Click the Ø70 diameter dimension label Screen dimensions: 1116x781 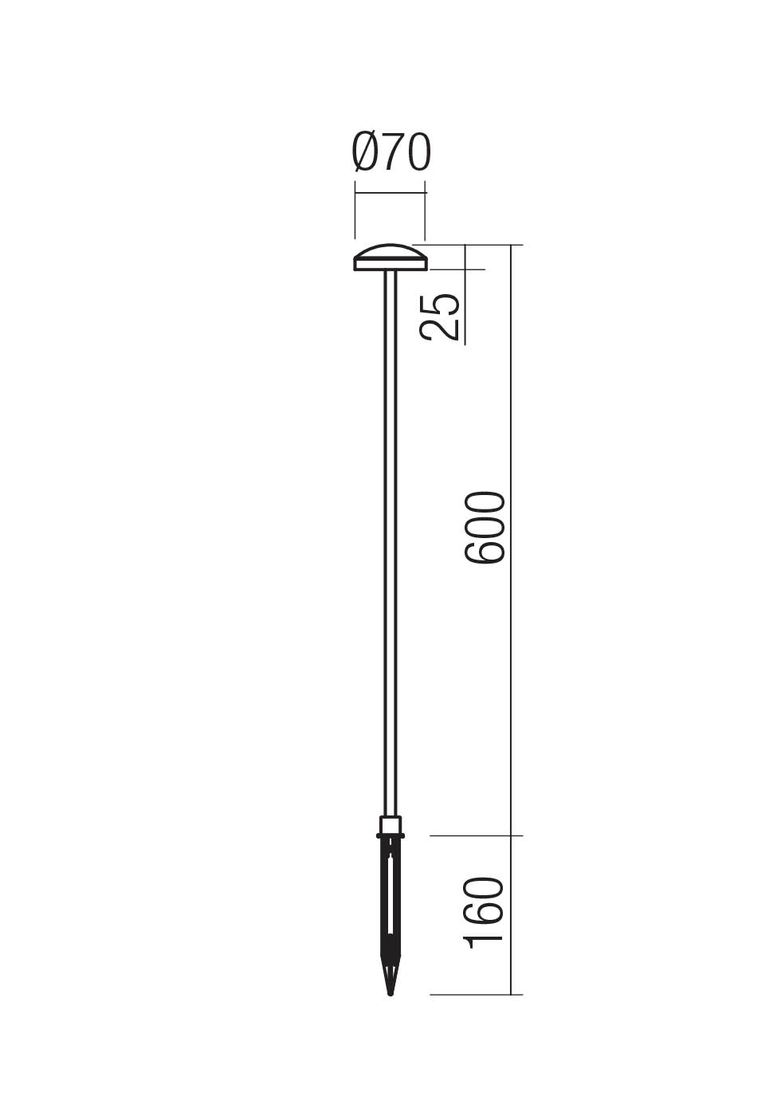click(391, 153)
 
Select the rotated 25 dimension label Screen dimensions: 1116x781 click(442, 316)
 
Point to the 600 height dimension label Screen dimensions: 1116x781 click(485, 528)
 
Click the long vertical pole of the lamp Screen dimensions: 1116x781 click(390, 542)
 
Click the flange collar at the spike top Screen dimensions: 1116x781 click(390, 836)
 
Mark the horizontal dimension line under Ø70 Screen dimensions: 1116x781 click(390, 192)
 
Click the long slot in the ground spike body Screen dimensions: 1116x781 click(390, 893)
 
